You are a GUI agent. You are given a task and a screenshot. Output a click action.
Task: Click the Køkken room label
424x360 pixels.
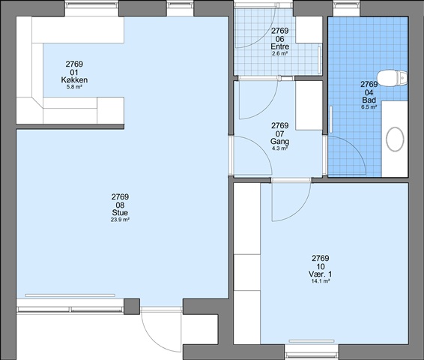point(74,79)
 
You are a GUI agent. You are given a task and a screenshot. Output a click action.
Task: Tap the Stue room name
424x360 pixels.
point(120,212)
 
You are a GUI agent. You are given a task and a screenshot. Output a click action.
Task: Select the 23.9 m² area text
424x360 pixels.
point(120,220)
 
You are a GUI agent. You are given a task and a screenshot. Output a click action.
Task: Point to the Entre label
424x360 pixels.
point(280,46)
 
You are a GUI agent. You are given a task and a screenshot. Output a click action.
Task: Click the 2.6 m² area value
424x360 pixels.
point(280,53)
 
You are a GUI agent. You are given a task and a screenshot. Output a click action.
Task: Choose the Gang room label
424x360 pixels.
point(280,141)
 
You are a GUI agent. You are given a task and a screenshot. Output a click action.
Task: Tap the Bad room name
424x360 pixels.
point(369,100)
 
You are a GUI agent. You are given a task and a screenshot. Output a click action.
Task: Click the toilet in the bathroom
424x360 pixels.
point(392,78)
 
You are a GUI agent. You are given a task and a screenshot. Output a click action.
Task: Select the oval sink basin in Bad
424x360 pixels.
point(395,139)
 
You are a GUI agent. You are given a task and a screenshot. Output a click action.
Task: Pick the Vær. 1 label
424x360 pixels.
point(321,274)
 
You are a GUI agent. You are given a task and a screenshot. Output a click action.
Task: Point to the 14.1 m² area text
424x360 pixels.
point(321,281)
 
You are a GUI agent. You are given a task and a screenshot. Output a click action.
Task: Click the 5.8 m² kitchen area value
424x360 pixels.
point(74,87)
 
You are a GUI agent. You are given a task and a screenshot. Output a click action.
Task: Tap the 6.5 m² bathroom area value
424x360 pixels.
point(369,107)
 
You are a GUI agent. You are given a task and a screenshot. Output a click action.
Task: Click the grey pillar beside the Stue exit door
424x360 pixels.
point(132,307)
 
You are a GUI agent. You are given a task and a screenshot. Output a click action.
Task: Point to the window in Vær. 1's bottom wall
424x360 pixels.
point(312,352)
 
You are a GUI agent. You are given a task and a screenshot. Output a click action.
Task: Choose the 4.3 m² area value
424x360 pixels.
point(280,148)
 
